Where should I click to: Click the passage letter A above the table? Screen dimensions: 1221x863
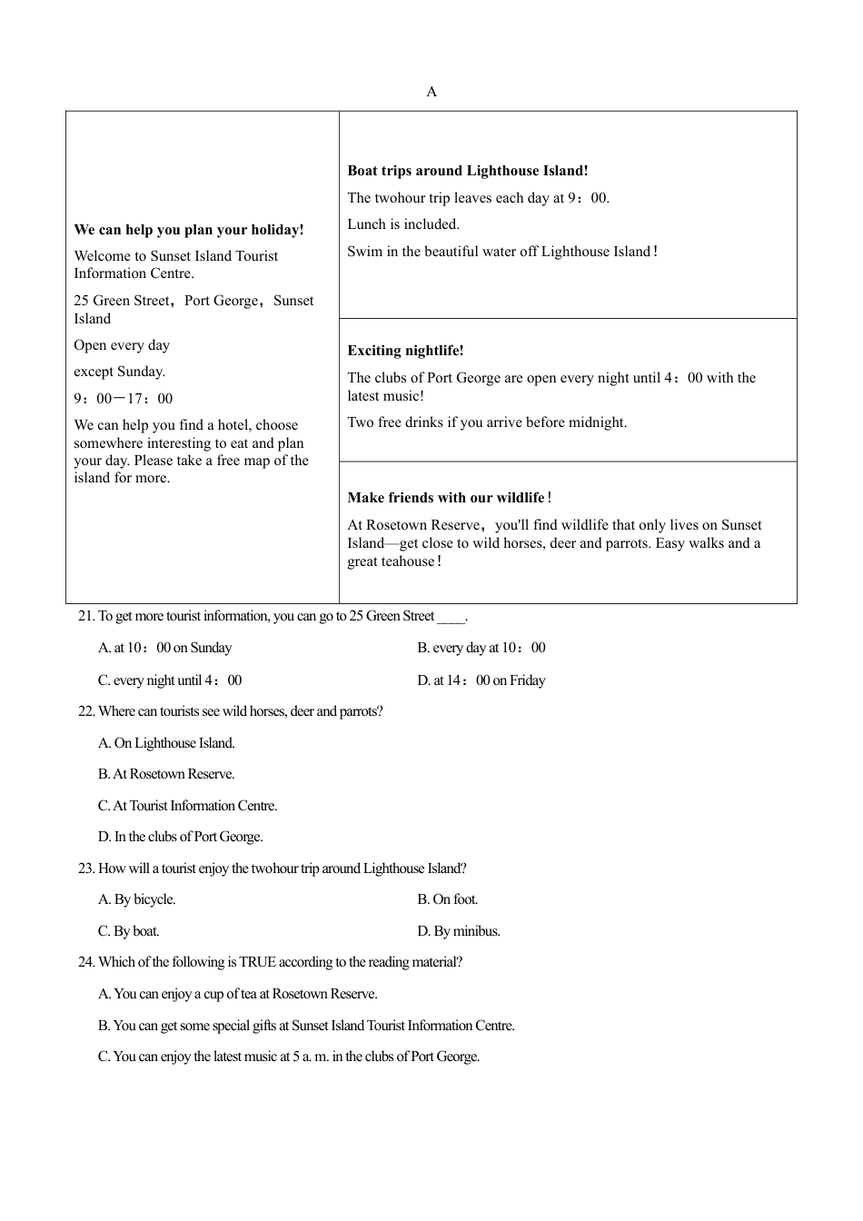pyautogui.click(x=431, y=92)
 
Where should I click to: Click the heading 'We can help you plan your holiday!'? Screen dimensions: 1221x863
pyautogui.click(x=189, y=230)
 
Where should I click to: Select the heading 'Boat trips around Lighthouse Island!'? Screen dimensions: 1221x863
pyautogui.click(x=468, y=171)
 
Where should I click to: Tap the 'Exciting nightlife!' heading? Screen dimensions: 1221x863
pyautogui.click(x=405, y=351)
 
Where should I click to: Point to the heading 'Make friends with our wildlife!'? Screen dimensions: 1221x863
pyautogui.click(x=450, y=498)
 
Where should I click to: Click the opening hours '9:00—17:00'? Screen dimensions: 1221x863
pyautogui.click(x=123, y=399)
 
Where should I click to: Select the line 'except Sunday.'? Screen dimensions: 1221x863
pyautogui.click(x=119, y=372)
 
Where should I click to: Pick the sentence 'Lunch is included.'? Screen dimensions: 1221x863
pyautogui.click(x=403, y=224)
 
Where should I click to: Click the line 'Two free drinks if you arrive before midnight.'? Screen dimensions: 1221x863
pyautogui.click(x=487, y=422)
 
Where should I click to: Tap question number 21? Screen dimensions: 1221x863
pyautogui.click(x=86, y=616)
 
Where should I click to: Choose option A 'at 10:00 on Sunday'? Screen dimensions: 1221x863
pyautogui.click(x=165, y=648)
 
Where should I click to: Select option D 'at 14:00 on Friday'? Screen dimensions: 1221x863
pyautogui.click(x=481, y=680)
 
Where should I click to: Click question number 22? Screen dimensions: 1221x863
pyautogui.click(x=86, y=711)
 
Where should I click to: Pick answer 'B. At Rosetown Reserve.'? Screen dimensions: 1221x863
pyautogui.click(x=166, y=774)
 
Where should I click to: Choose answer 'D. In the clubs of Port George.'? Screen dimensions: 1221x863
pyautogui.click(x=180, y=837)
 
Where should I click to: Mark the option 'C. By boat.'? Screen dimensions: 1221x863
pyautogui.click(x=128, y=931)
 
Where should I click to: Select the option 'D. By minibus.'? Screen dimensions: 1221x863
pyautogui.click(x=459, y=931)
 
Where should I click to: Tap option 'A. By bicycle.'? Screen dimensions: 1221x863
pyautogui.click(x=137, y=899)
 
